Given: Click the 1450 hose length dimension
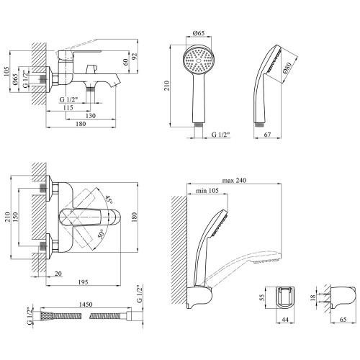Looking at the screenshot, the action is [86, 305].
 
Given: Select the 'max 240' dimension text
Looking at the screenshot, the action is [234, 181].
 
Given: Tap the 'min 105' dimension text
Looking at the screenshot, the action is [207, 191].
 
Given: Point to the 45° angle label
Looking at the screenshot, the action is [109, 199].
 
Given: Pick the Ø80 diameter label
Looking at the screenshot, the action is [287, 68].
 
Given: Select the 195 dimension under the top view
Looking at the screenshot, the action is [83, 282].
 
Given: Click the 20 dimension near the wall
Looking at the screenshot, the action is [58, 274].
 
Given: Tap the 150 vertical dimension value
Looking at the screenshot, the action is [15, 217].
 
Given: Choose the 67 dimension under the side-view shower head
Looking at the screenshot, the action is [267, 135].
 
